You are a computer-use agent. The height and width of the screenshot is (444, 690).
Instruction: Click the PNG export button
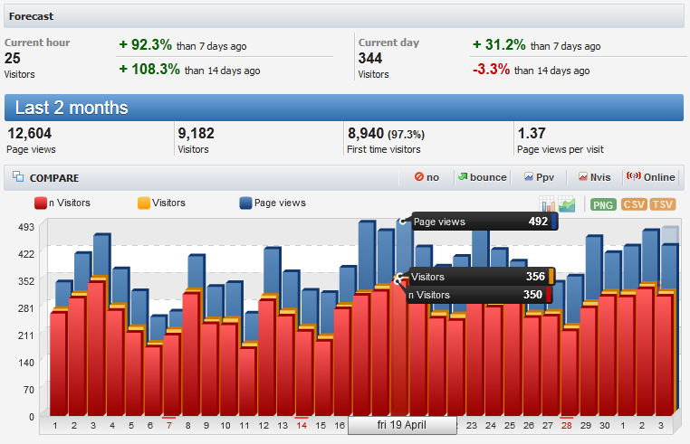(x=603, y=204)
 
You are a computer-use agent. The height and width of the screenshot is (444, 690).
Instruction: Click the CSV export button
(x=634, y=204)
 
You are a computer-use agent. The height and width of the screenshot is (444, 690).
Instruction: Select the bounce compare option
(x=482, y=177)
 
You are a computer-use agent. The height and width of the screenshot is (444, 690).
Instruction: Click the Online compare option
(x=651, y=177)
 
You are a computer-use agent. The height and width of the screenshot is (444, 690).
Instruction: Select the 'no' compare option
(x=426, y=177)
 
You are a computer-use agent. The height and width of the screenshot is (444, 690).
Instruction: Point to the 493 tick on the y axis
(x=25, y=227)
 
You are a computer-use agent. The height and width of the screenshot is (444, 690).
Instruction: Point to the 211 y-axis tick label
(x=25, y=335)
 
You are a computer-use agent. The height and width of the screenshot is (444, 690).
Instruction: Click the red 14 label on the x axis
(x=302, y=425)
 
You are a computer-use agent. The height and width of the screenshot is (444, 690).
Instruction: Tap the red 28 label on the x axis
(x=567, y=425)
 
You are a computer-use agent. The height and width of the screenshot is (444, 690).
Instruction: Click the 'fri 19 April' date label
(x=401, y=425)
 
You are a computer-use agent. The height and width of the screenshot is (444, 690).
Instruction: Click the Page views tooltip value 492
(x=538, y=221)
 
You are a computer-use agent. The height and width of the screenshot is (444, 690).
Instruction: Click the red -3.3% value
(x=494, y=69)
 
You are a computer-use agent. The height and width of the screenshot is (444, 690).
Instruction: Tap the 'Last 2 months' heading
(x=72, y=108)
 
